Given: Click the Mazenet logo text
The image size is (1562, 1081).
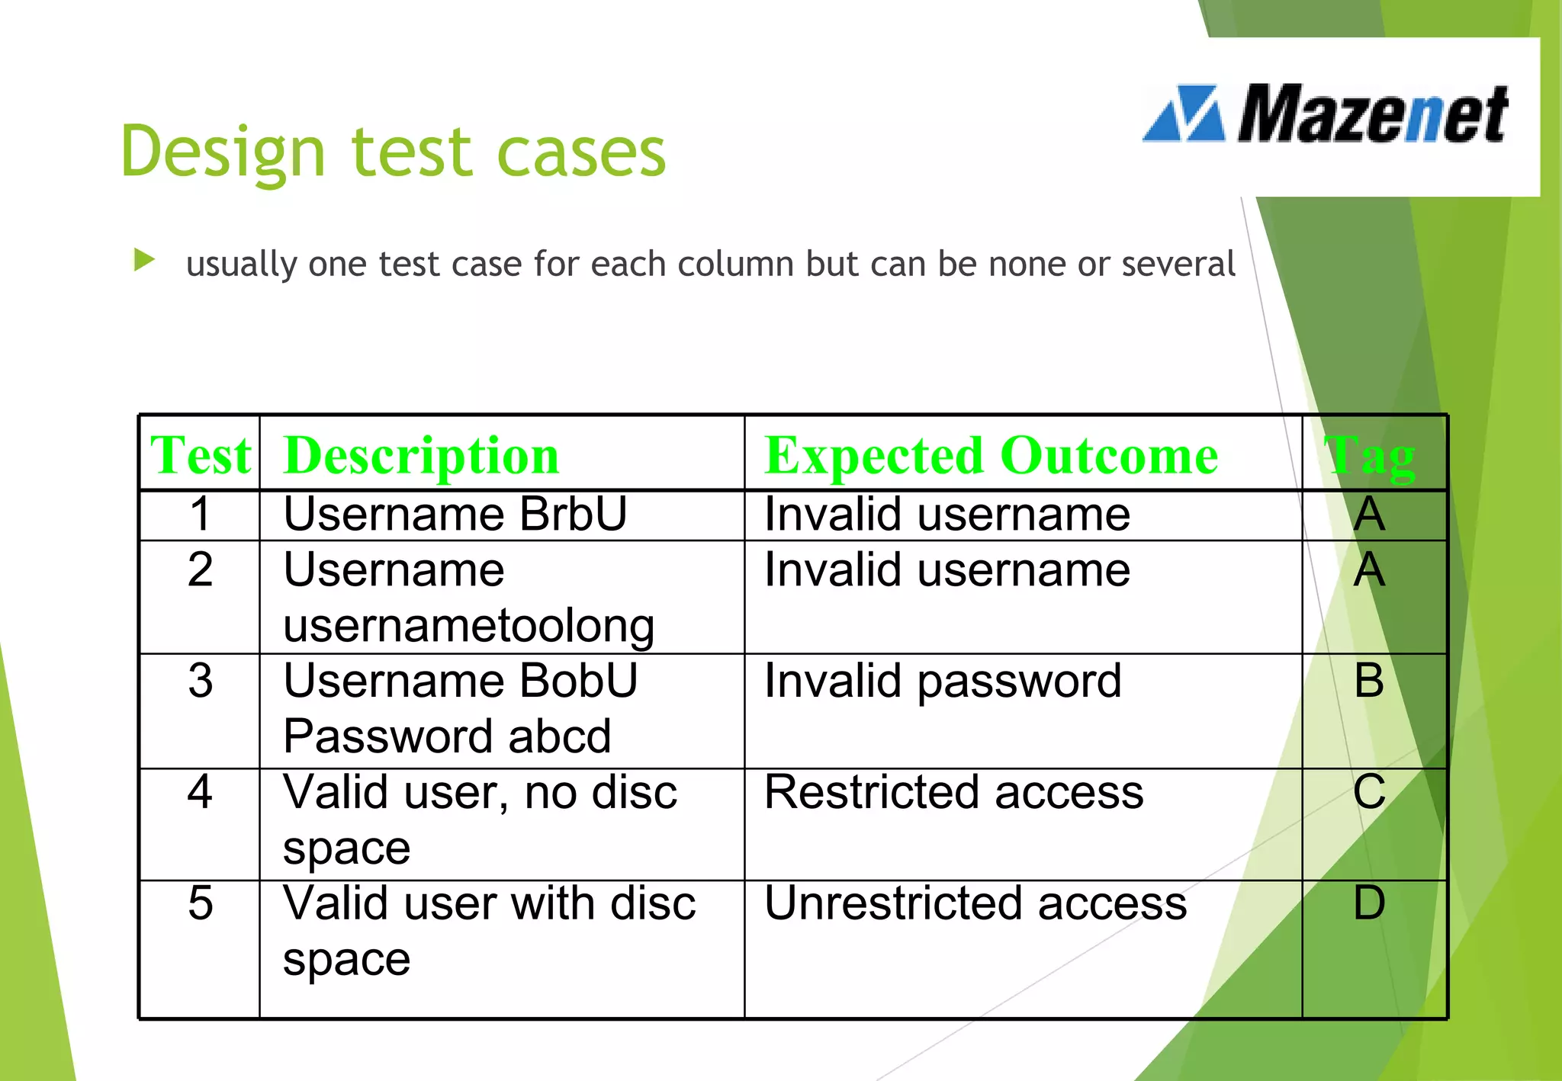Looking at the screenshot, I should click(x=1371, y=114).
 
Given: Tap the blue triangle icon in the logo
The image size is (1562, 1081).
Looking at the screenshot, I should click(x=1184, y=114).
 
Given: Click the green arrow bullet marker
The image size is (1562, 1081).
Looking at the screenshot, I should click(x=143, y=260).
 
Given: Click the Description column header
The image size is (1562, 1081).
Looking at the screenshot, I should click(x=421, y=455).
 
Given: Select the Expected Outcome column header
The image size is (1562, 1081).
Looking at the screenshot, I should click(x=991, y=455).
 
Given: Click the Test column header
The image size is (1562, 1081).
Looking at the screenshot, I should click(x=201, y=455).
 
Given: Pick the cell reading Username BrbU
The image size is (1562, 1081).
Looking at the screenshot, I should click(x=455, y=514).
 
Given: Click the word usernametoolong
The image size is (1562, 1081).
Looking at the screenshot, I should click(x=468, y=626).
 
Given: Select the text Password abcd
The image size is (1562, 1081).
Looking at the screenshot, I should click(x=447, y=736).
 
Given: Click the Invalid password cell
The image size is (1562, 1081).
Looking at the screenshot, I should click(x=943, y=680).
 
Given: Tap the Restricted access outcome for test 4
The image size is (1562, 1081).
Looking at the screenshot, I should click(x=953, y=792).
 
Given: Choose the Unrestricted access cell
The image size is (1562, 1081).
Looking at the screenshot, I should click(x=975, y=903).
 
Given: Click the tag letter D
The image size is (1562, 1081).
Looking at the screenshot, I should click(x=1369, y=903).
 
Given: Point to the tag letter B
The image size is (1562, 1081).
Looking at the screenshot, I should click(x=1369, y=680).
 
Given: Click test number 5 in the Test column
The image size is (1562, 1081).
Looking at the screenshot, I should click(x=201, y=903).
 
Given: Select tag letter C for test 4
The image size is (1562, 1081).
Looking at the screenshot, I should click(x=1369, y=792).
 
